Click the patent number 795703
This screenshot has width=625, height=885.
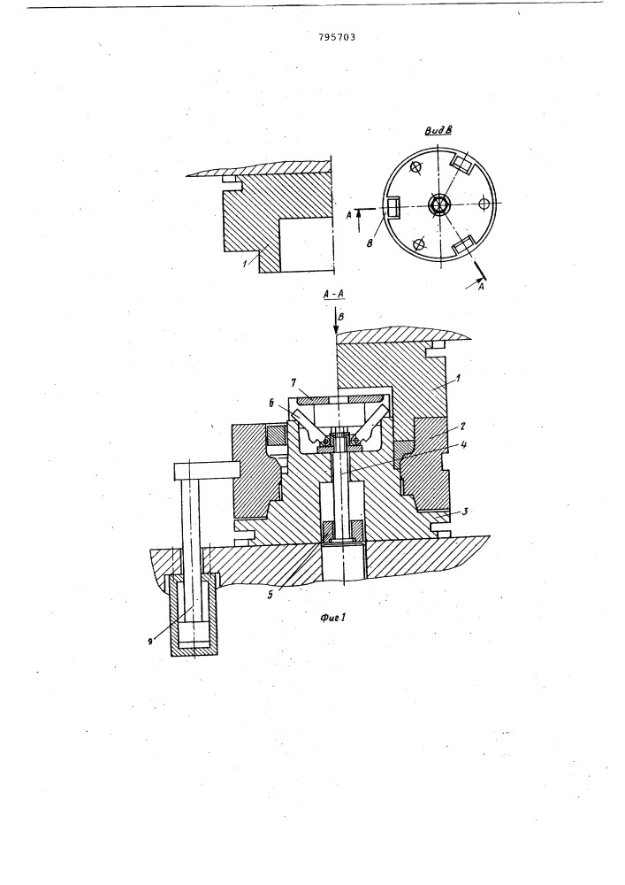point(337,38)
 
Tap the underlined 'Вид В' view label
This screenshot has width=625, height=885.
point(439,130)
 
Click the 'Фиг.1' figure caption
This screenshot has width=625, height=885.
point(332,618)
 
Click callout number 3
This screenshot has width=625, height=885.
point(464,512)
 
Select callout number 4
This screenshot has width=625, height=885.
point(463,445)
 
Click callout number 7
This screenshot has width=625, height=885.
point(294,383)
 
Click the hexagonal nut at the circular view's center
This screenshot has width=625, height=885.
point(438,204)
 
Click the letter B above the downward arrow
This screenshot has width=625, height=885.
point(341,317)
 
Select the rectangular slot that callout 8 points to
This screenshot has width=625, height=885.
point(393,207)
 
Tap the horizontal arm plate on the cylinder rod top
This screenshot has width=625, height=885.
point(208,469)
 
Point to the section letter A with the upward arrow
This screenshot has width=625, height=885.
point(349,214)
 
